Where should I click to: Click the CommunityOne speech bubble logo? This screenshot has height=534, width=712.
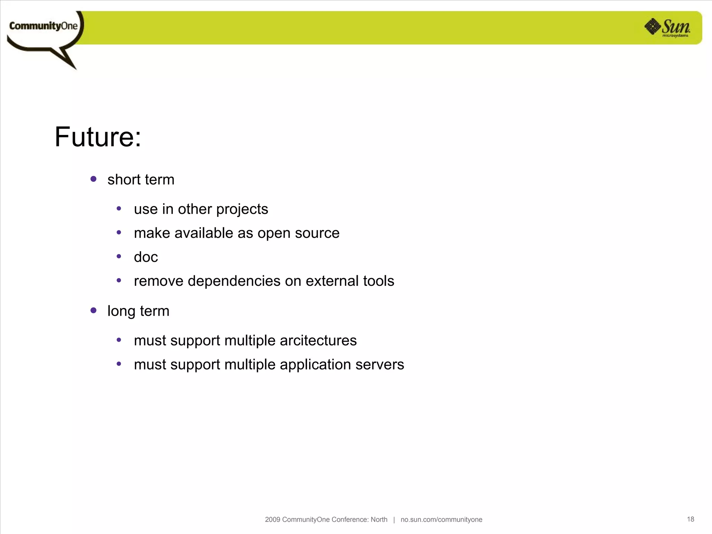click(x=44, y=31)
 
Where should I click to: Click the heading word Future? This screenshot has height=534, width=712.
click(x=98, y=137)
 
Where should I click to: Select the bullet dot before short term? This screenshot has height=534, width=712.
click(x=93, y=179)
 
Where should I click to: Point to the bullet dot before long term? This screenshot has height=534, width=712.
click(x=93, y=310)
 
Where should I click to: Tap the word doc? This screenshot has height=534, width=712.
click(x=146, y=257)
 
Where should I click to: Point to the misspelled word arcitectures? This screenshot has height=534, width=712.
click(x=318, y=340)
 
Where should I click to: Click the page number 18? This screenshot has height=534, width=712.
click(x=690, y=519)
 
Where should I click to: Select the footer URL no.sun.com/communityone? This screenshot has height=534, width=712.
click(x=441, y=520)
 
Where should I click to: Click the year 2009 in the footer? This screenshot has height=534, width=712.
click(x=272, y=520)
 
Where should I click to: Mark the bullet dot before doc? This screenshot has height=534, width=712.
click(x=119, y=257)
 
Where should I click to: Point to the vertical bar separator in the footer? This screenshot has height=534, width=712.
click(x=394, y=520)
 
